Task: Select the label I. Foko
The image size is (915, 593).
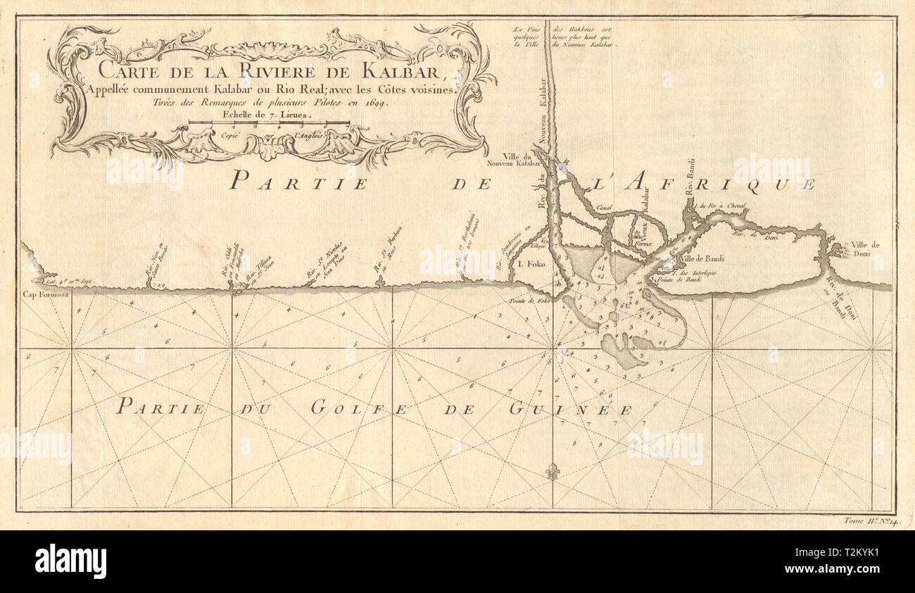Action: point(528,266)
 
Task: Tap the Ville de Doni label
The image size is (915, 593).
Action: point(866,249)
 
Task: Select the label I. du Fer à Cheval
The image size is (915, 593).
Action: point(718,206)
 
